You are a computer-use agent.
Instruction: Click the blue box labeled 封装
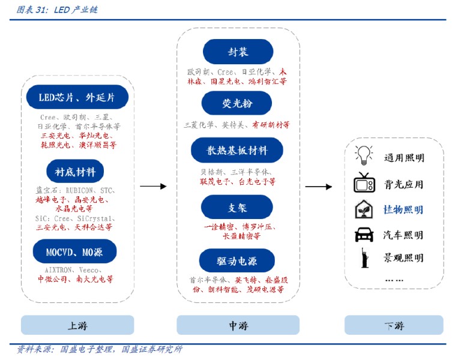[238, 52]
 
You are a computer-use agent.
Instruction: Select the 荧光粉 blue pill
[238, 104]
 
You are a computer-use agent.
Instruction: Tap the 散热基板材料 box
[237, 150]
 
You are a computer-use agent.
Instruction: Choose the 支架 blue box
[238, 208]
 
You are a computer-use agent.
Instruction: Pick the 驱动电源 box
[237, 260]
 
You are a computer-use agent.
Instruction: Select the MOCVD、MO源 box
[74, 252]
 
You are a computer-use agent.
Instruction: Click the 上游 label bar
[77, 326]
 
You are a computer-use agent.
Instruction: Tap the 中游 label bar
[238, 326]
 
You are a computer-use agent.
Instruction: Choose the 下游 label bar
[394, 326]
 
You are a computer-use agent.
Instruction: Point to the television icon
[364, 182]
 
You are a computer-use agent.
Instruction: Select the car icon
[364, 234]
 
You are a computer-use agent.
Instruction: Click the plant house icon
[364, 209]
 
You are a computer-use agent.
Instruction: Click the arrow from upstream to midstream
[152, 187]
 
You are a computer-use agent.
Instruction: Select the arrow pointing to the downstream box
[318, 187]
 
